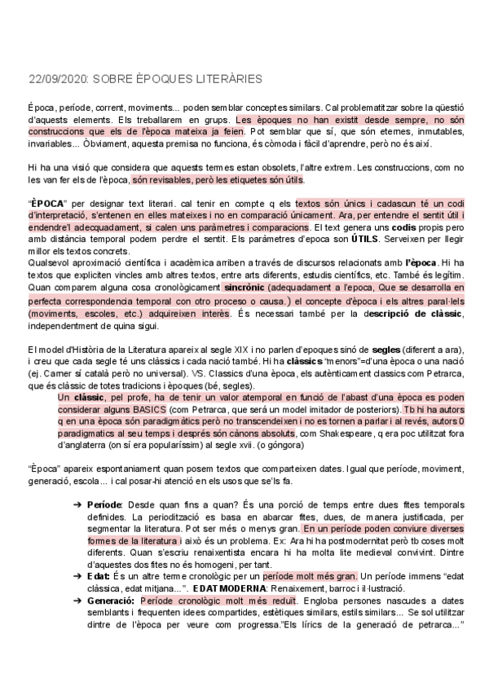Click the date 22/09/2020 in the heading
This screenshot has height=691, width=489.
(x=55, y=79)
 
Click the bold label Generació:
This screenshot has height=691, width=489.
(x=111, y=620)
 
